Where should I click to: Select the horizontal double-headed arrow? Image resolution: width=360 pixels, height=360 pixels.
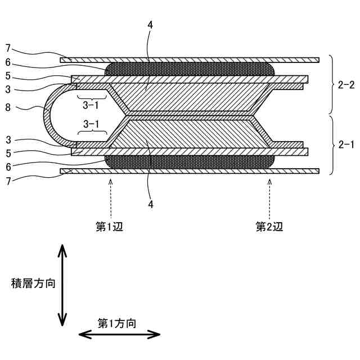tap(119, 335)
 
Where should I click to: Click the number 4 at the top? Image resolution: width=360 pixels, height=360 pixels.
tap(149, 25)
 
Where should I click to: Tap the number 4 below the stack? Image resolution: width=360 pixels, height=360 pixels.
tap(150, 205)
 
